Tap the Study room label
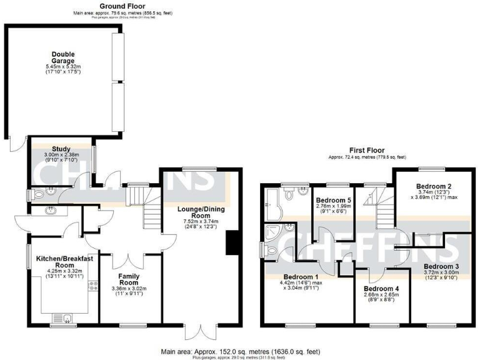tap(61, 149)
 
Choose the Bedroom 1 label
tap(301, 277)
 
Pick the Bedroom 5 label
tap(332, 200)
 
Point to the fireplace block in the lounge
tap(232, 243)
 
